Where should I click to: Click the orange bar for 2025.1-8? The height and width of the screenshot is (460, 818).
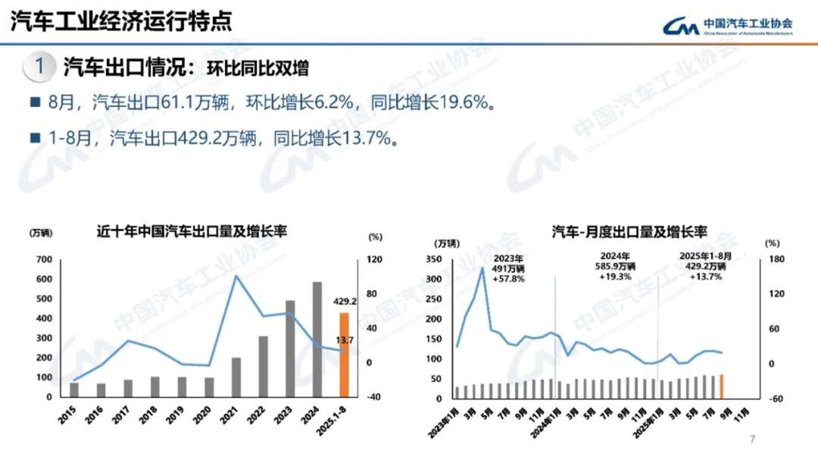pos(344,354)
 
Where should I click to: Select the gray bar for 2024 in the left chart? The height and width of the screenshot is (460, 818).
pos(317,339)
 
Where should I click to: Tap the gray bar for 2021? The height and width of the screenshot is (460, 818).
pos(236,377)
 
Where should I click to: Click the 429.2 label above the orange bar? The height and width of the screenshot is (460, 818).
pos(345,301)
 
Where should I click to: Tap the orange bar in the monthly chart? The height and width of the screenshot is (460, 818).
pos(721,386)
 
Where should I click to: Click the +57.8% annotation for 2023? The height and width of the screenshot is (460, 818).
pos(507,279)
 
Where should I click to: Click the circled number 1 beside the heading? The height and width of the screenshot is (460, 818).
pos(39,66)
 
